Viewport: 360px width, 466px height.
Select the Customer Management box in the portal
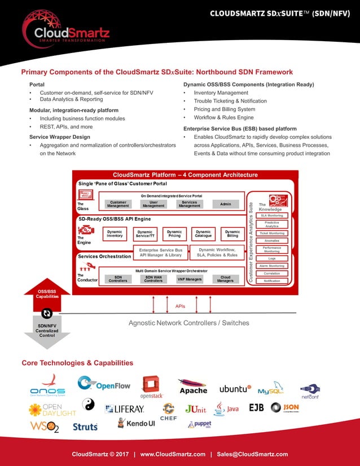[x=118, y=204]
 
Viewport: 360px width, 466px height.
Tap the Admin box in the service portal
[x=225, y=204]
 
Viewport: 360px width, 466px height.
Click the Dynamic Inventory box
[x=115, y=234]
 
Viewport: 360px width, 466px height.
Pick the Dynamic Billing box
[x=232, y=234]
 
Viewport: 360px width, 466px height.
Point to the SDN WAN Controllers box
[x=153, y=279]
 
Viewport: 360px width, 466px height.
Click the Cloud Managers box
[x=225, y=279]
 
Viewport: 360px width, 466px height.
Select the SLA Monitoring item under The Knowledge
[x=271, y=216]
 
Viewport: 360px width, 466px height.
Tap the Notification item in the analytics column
[x=271, y=280]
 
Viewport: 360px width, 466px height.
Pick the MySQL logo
[x=270, y=390]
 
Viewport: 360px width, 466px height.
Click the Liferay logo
[x=125, y=408]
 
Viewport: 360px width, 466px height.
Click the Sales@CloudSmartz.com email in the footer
[x=253, y=454]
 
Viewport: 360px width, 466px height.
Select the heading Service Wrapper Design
[x=59, y=137]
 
